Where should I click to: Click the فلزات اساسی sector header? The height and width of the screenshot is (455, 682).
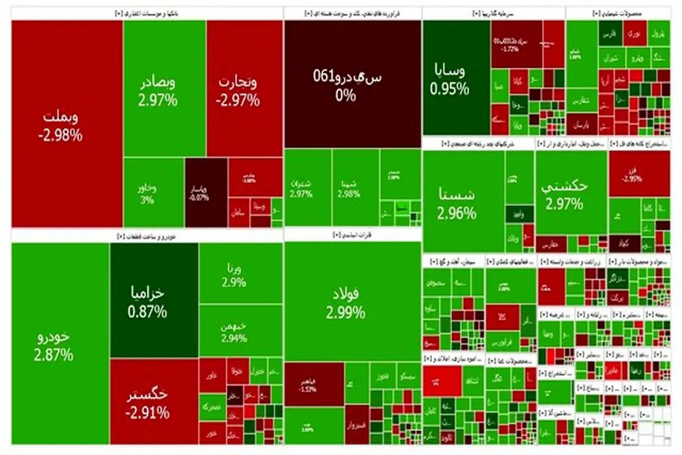(352, 234)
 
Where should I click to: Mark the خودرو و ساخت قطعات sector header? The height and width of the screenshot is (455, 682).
(146, 235)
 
